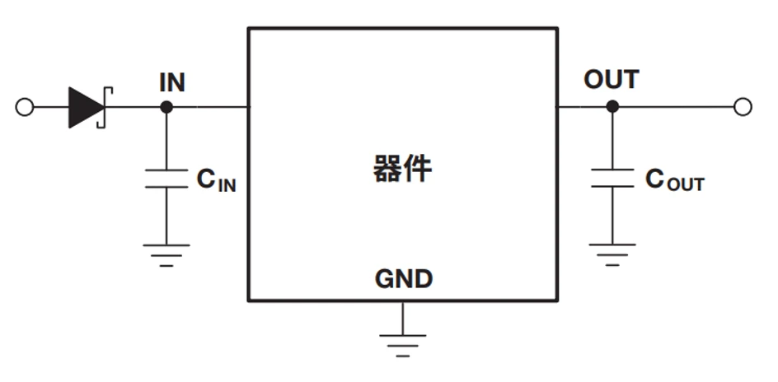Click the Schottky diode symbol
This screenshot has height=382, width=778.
click(x=87, y=107)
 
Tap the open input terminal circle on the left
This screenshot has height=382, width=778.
click(x=25, y=107)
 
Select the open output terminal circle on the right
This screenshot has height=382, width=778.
click(x=743, y=106)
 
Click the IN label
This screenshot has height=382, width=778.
click(x=172, y=82)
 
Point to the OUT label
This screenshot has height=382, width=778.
click(x=611, y=80)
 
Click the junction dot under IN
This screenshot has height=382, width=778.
click(x=166, y=107)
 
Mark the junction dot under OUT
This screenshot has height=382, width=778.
click(x=612, y=106)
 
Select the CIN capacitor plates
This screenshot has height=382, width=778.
click(x=166, y=179)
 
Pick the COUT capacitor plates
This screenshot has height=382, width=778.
click(x=612, y=179)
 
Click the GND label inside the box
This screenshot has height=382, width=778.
click(x=403, y=280)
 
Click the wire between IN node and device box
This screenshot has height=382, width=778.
click(x=208, y=107)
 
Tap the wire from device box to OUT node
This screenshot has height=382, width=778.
click(x=583, y=106)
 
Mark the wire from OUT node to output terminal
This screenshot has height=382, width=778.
click(x=676, y=106)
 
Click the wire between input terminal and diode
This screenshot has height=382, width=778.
click(x=49, y=107)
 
